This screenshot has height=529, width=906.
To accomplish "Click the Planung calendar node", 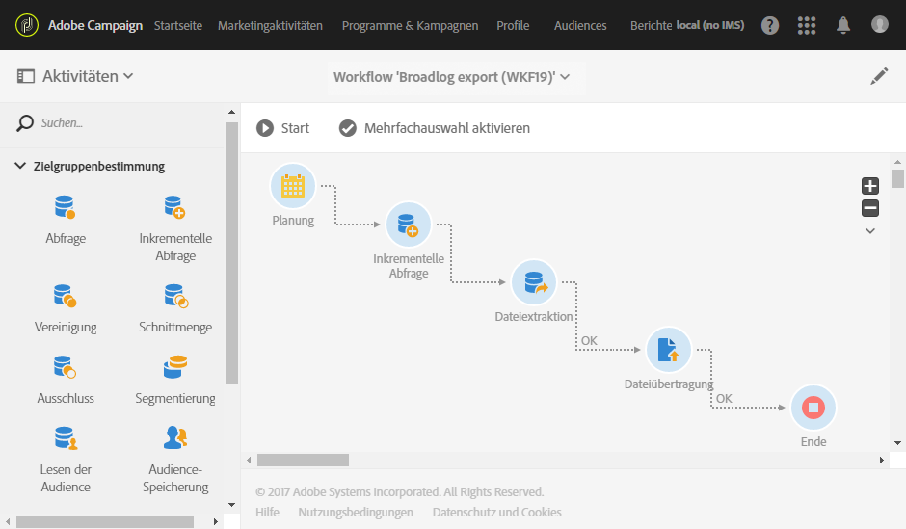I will click(x=293, y=187).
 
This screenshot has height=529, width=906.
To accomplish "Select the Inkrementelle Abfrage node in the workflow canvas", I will click(x=409, y=225).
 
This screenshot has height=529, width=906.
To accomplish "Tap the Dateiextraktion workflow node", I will click(x=534, y=282).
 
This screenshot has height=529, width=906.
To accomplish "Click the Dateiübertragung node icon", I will click(x=669, y=350).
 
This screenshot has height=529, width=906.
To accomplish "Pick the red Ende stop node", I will click(x=813, y=408).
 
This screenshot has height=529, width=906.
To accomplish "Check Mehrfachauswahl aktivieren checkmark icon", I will click(x=348, y=128).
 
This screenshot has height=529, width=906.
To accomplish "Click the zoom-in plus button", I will click(x=870, y=187).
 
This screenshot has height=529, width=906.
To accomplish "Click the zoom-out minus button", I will click(x=870, y=208).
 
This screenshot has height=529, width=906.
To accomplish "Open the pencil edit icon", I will click(x=879, y=77).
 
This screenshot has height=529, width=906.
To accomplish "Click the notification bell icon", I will click(x=843, y=25).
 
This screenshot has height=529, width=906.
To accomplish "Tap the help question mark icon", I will click(x=770, y=25).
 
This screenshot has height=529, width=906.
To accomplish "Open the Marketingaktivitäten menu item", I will click(x=270, y=26).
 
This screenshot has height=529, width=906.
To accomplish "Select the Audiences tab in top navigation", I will click(x=580, y=26).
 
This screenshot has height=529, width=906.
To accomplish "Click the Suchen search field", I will click(x=125, y=123).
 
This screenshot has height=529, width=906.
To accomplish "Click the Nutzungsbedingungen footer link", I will click(x=356, y=513).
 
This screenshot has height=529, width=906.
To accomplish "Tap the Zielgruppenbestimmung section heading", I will click(x=99, y=167).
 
